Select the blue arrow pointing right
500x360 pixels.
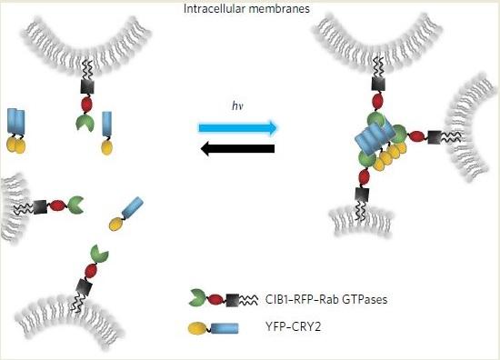[x=237, y=127]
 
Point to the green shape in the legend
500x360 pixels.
[x=195, y=298]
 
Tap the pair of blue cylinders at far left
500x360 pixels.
[x=16, y=122]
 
